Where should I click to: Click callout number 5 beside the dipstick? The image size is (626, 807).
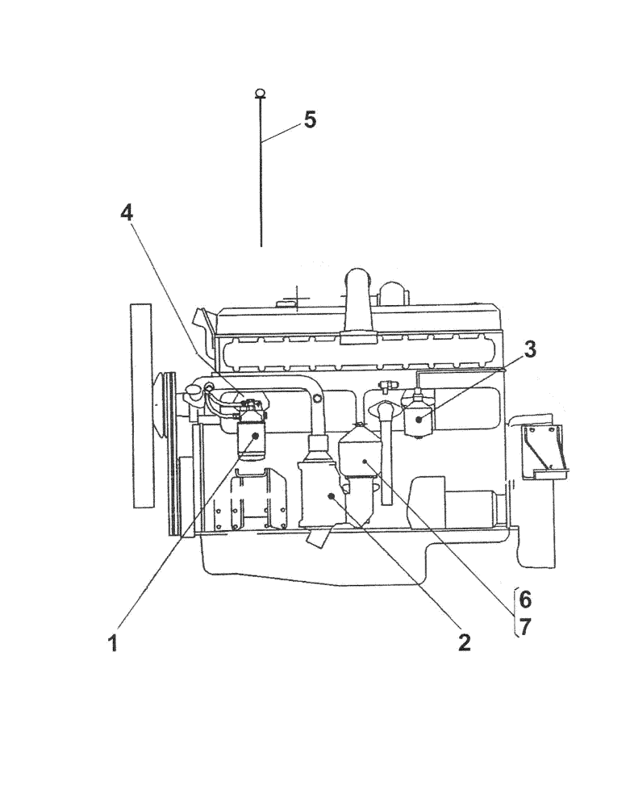tap(310, 119)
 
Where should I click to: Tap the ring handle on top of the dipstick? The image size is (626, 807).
tap(260, 93)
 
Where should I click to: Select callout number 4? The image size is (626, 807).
tap(126, 212)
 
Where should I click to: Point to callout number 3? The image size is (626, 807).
tap(528, 349)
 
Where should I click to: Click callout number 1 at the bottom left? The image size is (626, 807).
tap(114, 643)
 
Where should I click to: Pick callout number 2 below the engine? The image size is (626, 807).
tap(463, 642)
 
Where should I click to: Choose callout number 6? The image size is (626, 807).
tap(525, 599)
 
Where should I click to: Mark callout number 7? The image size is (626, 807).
tap(525, 626)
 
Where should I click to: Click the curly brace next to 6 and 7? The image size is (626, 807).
tap(515, 613)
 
